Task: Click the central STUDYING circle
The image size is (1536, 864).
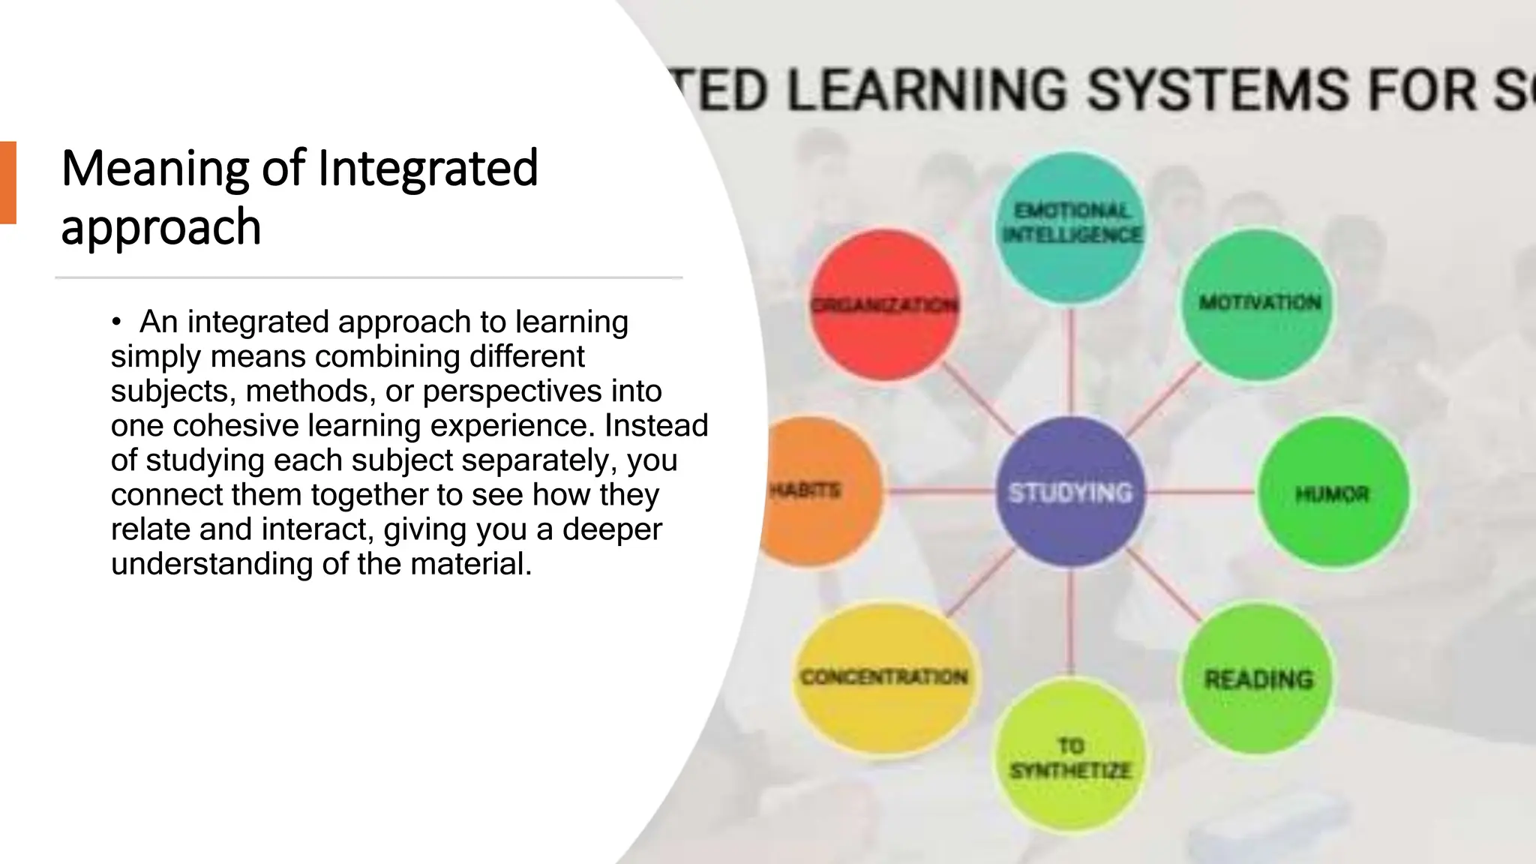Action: (x=1070, y=493)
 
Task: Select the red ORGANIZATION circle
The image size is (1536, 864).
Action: (x=885, y=305)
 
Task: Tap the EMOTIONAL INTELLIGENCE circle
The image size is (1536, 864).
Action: (x=1072, y=223)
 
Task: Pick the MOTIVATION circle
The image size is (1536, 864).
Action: (x=1259, y=304)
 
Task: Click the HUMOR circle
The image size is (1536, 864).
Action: (x=1333, y=493)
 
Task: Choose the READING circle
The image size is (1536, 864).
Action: (x=1258, y=679)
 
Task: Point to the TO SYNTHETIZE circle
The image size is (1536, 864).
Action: (x=1070, y=757)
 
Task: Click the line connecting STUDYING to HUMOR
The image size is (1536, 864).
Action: (x=1200, y=493)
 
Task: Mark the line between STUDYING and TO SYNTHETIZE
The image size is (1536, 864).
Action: (x=1070, y=622)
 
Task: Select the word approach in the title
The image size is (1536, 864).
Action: (x=160, y=226)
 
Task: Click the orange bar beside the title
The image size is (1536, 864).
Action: (x=7, y=182)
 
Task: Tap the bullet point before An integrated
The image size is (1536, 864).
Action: (x=115, y=323)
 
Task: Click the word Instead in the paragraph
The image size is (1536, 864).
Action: (x=656, y=426)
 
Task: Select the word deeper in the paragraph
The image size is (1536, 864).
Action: (x=612, y=529)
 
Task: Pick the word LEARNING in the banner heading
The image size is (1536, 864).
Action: (x=927, y=90)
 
